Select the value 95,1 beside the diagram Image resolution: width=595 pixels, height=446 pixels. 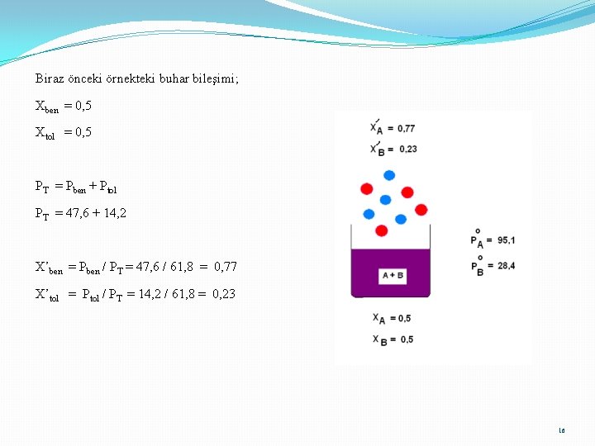506,240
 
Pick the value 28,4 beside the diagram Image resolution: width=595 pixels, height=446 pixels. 506,266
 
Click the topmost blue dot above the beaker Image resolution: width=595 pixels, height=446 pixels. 389,175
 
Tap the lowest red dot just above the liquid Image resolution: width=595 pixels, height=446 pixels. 381,230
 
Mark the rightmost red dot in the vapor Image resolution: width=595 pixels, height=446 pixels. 421,210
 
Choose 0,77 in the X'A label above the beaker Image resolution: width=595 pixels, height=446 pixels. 406,128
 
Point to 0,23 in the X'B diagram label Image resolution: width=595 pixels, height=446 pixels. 406,149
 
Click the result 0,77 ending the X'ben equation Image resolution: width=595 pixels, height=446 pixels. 225,267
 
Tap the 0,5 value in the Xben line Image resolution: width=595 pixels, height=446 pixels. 83,106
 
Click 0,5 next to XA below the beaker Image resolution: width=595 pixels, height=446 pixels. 403,319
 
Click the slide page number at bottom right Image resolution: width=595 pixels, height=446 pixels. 562,430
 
